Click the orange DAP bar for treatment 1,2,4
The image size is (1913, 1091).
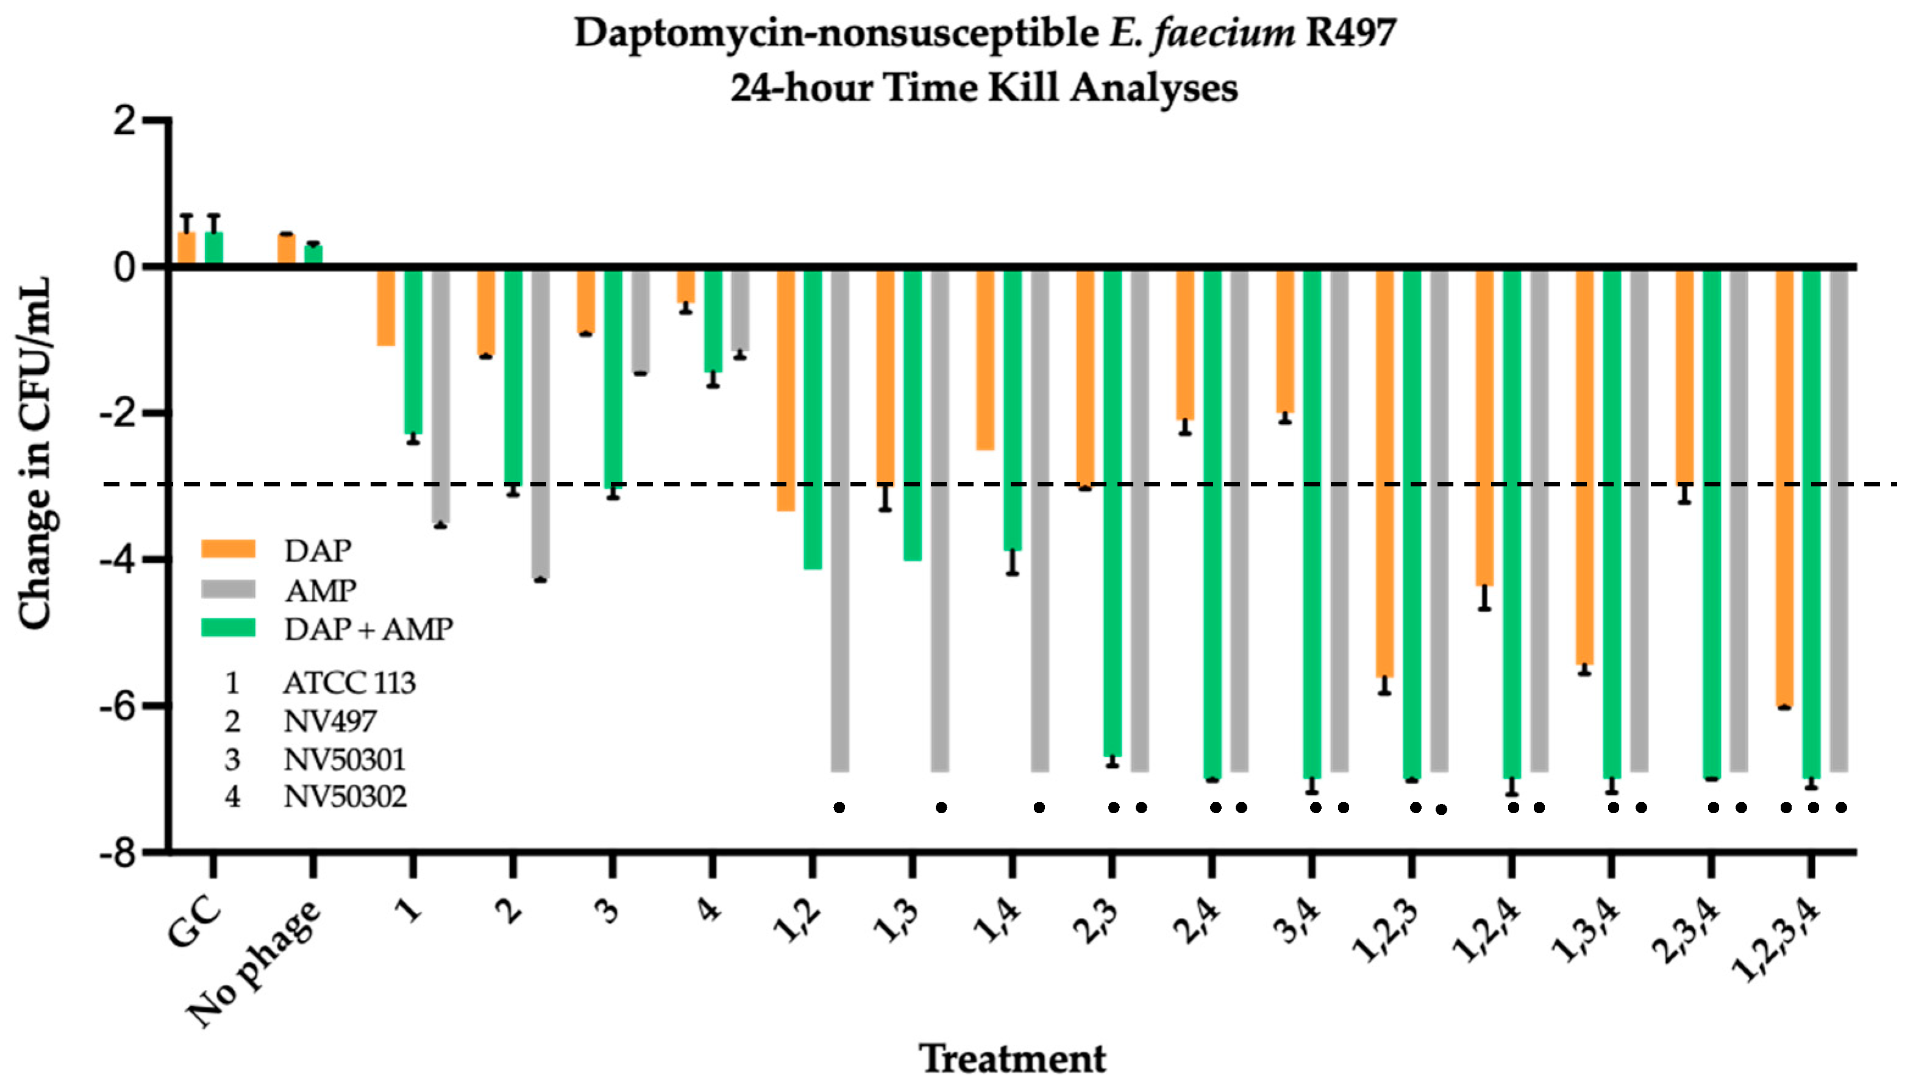[1484, 427]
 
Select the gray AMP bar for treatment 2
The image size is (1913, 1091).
[540, 424]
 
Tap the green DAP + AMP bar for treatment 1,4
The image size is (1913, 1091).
[1013, 408]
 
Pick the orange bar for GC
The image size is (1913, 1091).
[187, 248]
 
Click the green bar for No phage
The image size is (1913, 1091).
[313, 255]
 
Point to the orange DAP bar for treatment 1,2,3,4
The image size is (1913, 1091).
[1784, 487]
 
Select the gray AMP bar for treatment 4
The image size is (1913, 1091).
[739, 309]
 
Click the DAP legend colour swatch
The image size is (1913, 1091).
[229, 550]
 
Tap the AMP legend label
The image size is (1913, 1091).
[321, 591]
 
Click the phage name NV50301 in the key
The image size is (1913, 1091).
[344, 760]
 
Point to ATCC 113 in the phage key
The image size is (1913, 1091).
[349, 683]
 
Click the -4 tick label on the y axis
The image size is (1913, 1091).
[124, 560]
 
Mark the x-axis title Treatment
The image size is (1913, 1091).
[1011, 1059]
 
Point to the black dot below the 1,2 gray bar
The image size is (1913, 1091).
[839, 807]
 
